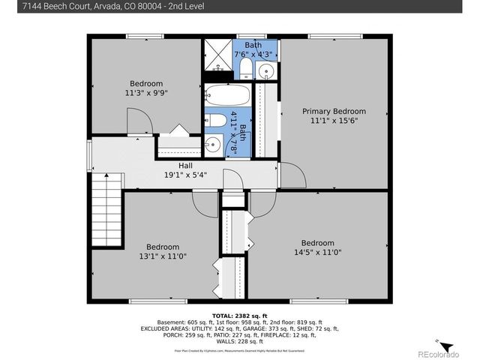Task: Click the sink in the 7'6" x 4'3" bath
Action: (266, 71)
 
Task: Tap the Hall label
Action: (185, 165)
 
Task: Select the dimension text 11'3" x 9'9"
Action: (148, 93)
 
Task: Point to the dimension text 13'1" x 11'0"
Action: (163, 256)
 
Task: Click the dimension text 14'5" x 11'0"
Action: (318, 253)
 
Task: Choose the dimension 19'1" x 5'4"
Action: (185, 175)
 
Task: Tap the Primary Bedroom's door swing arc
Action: (292, 176)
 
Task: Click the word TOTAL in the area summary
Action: (224, 315)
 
